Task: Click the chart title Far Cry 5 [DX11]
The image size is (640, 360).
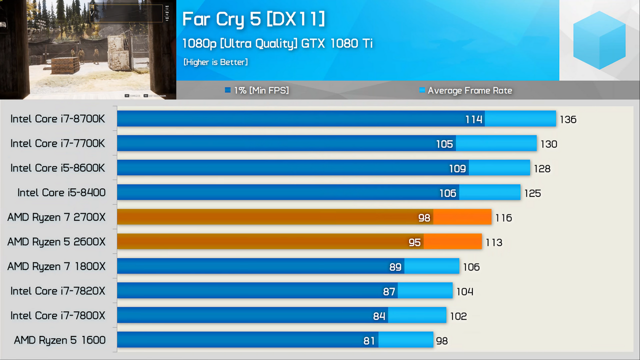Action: (x=253, y=19)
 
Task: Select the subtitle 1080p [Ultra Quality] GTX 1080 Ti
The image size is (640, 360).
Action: (x=277, y=43)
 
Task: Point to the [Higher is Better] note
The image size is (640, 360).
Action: (x=215, y=62)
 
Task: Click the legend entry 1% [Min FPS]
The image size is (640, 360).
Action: (x=257, y=90)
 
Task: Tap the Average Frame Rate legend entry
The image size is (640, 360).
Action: (x=465, y=90)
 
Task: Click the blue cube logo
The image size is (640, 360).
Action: (x=599, y=39)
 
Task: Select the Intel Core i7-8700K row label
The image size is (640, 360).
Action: (x=58, y=119)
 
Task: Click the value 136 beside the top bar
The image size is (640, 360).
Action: (x=568, y=119)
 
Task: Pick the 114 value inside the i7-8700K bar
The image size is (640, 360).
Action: (x=473, y=119)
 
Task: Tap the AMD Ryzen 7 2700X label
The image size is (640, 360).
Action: (x=56, y=217)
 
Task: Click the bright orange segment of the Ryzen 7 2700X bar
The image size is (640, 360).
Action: (x=462, y=217)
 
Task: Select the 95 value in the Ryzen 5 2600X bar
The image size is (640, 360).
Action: (x=414, y=242)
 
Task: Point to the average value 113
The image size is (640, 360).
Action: (x=494, y=242)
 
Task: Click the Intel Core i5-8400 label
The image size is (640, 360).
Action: (x=61, y=193)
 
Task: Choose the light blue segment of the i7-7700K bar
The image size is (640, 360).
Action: (x=496, y=143)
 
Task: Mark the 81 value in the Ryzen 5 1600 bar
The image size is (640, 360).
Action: (x=369, y=340)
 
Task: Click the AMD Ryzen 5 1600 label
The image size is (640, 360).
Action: (x=59, y=340)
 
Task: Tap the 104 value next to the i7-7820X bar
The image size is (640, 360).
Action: (x=465, y=291)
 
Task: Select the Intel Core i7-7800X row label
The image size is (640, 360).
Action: (x=58, y=316)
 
